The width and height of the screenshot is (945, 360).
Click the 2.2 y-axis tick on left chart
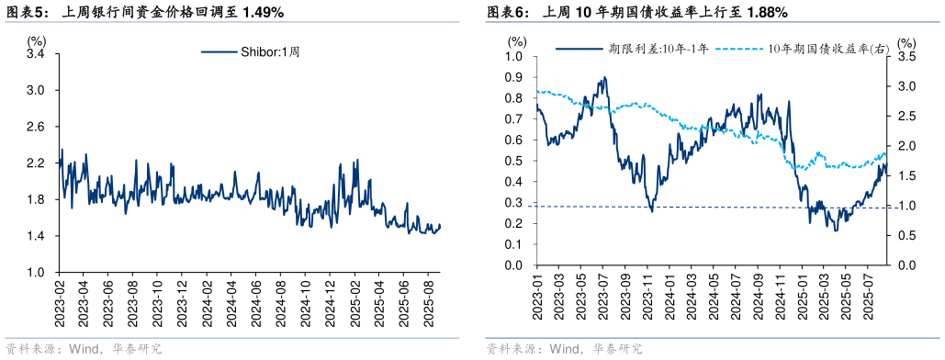click(x=37, y=163)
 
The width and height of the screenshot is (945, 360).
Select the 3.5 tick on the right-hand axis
click(x=906, y=56)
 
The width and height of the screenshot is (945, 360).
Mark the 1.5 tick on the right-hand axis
click(x=906, y=175)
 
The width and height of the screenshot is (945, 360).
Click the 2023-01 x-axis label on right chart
click(x=536, y=292)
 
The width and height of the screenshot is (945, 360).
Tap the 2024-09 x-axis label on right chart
click(x=757, y=292)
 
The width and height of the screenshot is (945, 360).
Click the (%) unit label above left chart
click(x=36, y=40)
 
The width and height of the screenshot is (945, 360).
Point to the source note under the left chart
click(x=84, y=349)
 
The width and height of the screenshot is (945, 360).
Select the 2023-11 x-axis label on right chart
click(x=647, y=292)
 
